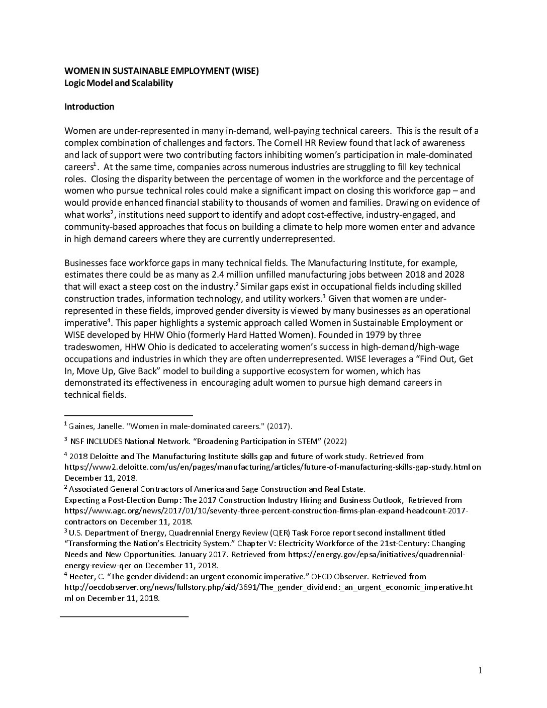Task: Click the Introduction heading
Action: point(89,107)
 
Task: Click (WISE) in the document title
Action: point(244,71)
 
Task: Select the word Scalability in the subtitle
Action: point(151,83)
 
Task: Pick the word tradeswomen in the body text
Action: point(89,347)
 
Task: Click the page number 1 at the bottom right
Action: point(480,670)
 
